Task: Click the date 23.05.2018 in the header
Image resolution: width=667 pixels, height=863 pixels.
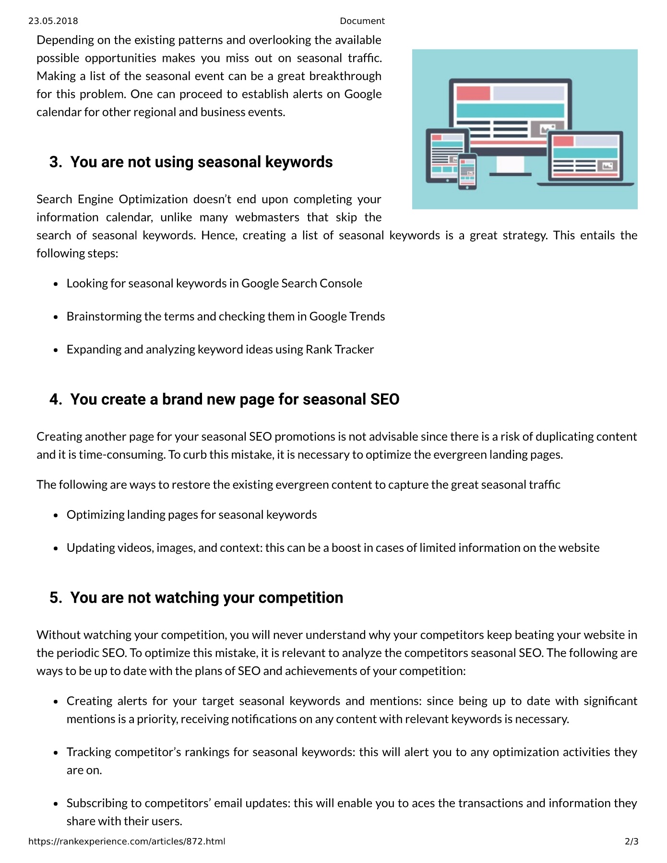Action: [53, 21]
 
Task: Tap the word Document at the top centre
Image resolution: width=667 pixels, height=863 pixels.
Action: [362, 21]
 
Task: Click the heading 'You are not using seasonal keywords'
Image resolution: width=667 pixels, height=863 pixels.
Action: [201, 162]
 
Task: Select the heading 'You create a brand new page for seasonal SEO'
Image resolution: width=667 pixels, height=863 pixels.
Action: [235, 399]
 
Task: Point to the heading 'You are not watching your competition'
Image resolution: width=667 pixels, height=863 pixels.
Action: [206, 597]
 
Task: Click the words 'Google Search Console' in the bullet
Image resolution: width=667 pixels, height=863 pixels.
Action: [301, 283]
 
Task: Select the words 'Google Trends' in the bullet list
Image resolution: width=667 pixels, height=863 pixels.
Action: [347, 316]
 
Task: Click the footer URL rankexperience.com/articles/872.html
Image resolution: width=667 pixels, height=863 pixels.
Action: [127, 841]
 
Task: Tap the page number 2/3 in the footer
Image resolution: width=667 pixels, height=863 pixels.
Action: [631, 841]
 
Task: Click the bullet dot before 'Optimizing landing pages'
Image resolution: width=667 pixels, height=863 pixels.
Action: [56, 515]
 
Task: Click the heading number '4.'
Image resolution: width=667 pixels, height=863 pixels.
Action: [56, 399]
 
